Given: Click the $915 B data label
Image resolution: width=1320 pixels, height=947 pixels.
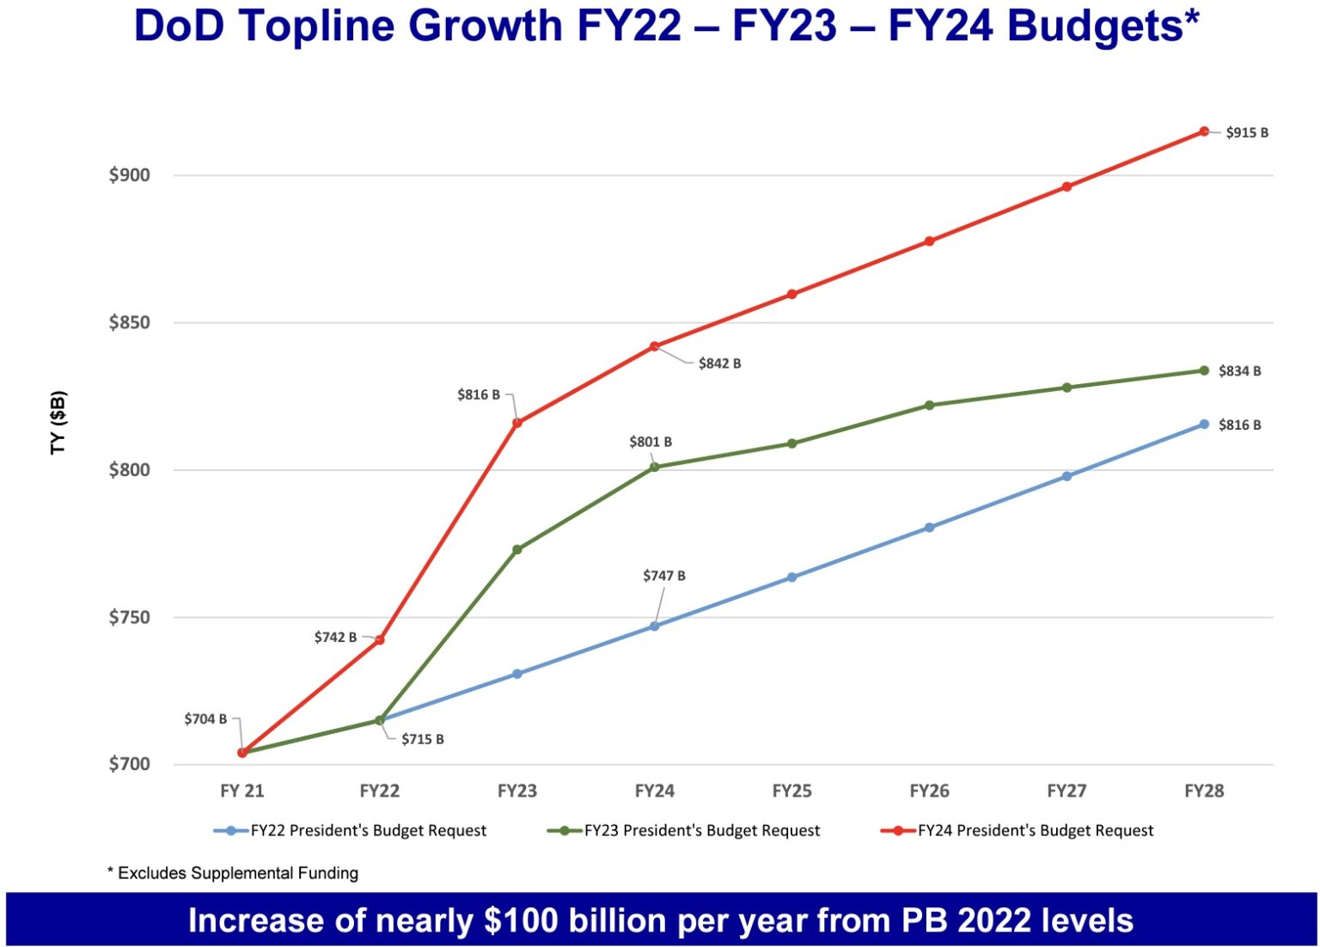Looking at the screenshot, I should pos(1246,132).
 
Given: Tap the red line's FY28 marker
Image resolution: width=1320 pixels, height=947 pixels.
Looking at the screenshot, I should pos(1204,131).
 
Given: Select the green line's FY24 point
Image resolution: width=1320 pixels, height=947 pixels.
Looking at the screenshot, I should pos(654,467).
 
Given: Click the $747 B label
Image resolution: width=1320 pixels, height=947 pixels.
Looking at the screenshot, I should pos(663,576).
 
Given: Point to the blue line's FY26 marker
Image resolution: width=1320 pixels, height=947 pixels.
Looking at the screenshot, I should pos(929,528).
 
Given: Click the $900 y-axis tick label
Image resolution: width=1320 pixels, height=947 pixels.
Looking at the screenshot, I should pos(129,175).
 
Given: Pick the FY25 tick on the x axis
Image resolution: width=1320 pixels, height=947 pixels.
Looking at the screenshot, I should pos(791,791).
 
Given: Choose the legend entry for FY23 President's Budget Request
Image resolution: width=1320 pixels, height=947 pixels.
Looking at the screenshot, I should pos(701,831).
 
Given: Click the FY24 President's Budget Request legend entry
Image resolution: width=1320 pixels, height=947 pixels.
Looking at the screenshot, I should pos(1035,831).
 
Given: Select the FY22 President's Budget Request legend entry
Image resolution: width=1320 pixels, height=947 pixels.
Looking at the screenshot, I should pos(368,831).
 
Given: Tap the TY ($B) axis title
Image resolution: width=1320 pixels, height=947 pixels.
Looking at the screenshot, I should pos(58,422).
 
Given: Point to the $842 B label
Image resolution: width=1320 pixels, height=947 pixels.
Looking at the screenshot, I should pos(719,364).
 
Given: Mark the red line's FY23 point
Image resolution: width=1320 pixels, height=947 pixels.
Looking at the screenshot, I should pos(516,422).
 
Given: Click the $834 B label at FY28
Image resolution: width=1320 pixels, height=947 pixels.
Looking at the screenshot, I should pos(1239,371).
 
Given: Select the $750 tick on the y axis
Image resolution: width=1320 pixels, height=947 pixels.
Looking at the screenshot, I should pos(129,618).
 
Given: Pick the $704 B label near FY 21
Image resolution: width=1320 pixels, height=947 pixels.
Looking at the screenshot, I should pos(205,719).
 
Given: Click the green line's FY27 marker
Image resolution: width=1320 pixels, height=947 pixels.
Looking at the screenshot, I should pos(1066,388).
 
